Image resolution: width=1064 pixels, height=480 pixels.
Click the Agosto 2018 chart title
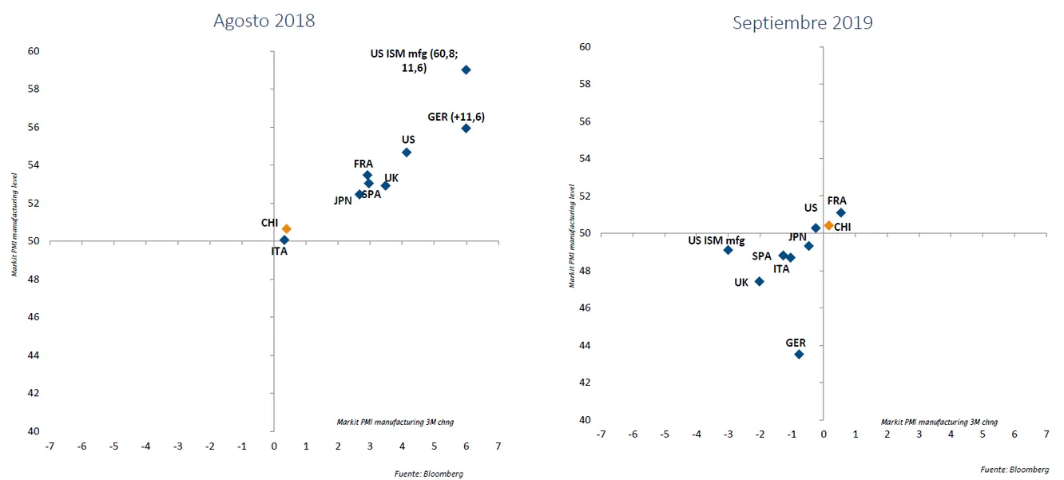point(264,21)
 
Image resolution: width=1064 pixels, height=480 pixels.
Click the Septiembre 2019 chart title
point(803,22)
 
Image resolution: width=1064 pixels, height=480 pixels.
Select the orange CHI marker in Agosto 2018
point(287,229)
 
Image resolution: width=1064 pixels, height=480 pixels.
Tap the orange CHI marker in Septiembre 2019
point(829,225)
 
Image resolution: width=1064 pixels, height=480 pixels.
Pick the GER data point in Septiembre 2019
point(799,354)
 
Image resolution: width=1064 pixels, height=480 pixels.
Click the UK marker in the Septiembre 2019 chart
point(760,281)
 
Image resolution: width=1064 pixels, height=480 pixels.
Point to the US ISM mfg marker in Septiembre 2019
point(728,250)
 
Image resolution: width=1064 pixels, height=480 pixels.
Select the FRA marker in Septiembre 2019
point(841,212)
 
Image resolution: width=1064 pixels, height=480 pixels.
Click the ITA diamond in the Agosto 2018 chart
point(284,240)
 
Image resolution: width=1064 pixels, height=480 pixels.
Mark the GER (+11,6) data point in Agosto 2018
point(466,129)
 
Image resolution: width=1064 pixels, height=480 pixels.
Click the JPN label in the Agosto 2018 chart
point(343,201)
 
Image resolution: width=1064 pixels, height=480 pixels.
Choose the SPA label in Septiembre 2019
point(761,256)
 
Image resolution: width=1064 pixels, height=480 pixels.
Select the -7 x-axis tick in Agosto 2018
point(50,446)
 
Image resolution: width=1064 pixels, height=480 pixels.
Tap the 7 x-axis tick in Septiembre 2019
point(1046,434)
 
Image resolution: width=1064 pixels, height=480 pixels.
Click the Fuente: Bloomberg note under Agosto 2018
point(428,474)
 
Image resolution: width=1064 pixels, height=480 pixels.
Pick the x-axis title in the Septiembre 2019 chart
point(939,422)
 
